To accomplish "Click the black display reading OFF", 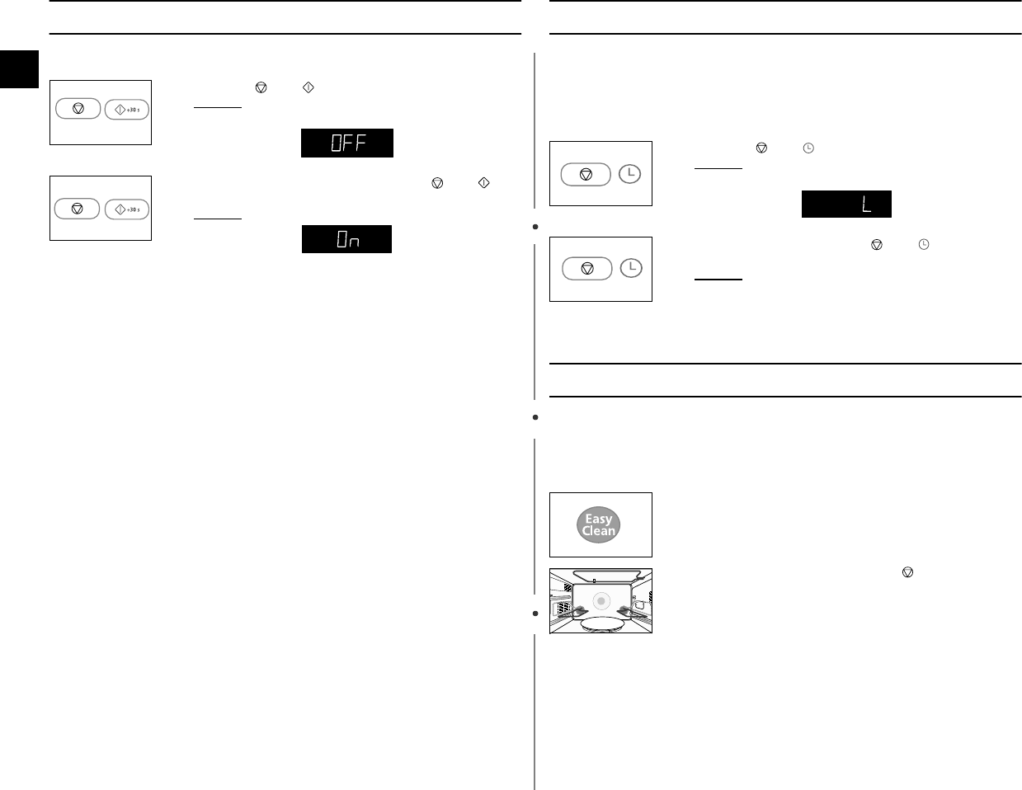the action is tap(346, 143).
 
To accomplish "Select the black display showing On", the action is tap(346, 239).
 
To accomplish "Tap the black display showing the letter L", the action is tap(846, 205).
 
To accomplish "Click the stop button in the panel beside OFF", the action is tap(78, 109).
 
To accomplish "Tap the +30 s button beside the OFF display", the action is tap(127, 110).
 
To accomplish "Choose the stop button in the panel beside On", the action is tap(78, 209).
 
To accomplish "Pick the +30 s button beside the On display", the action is tap(127, 209).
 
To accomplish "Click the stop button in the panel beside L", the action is tap(586, 175).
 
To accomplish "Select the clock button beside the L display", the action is tap(629, 174).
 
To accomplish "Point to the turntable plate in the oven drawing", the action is tap(601, 623).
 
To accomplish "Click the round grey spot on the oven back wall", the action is tap(601, 601).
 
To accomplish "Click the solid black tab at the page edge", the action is tap(19, 68).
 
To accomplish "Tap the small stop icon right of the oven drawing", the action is tap(908, 571).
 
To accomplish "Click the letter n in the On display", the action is tap(356, 242).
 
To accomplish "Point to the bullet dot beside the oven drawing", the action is tap(535, 614).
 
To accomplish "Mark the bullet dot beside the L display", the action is tap(535, 226).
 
